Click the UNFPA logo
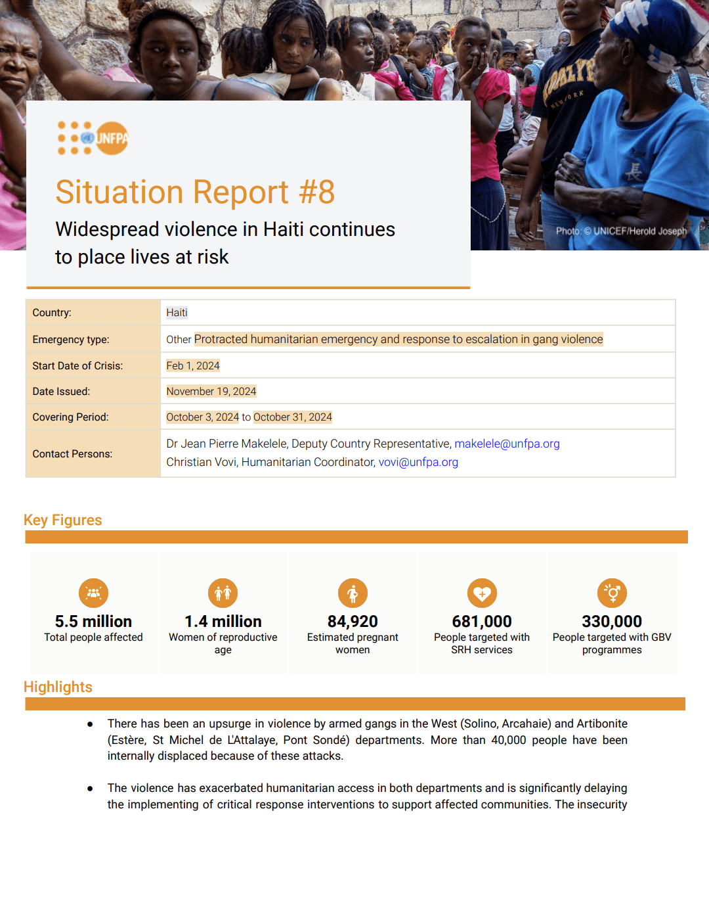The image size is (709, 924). click(93, 138)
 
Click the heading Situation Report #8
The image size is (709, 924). click(195, 193)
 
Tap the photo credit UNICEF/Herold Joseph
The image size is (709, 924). click(621, 231)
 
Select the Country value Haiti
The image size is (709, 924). click(177, 313)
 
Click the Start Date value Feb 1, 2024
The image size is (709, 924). click(193, 366)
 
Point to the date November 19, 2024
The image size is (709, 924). click(211, 392)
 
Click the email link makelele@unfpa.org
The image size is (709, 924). click(507, 444)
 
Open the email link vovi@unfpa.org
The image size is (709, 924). click(418, 462)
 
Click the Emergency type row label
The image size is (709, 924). click(71, 340)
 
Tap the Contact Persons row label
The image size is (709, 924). click(72, 454)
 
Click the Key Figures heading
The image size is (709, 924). click(63, 520)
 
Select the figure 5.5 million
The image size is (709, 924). click(93, 622)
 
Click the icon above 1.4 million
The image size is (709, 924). click(223, 593)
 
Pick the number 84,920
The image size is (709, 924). click(353, 622)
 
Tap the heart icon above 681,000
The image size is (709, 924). click(482, 593)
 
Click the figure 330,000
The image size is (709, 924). click(612, 622)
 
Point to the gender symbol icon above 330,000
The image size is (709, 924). click(612, 593)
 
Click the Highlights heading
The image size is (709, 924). click(58, 687)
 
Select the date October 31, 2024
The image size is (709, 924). click(293, 417)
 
